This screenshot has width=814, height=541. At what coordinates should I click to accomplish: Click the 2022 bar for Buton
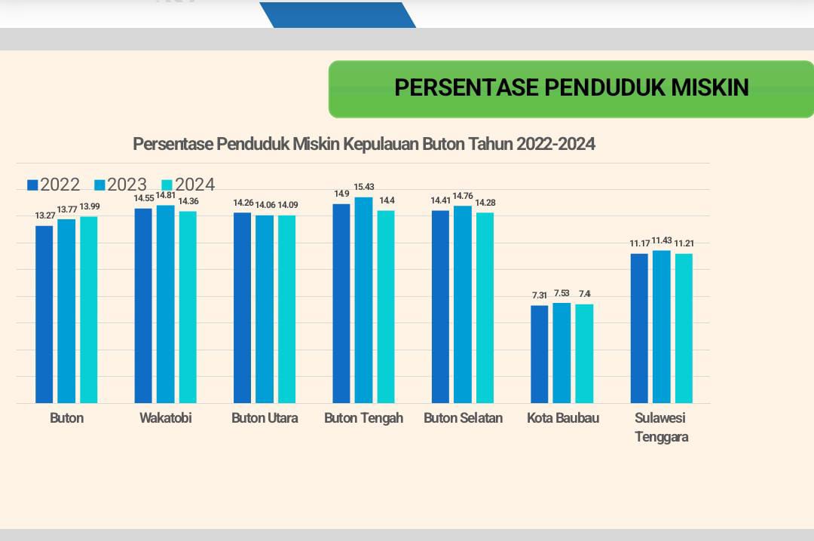coord(44,314)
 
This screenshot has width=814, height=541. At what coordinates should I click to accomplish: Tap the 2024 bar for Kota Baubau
coord(584,353)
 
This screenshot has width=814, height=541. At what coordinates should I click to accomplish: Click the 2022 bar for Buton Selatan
coord(440,307)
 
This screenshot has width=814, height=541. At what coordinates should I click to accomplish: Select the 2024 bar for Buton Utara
coord(286,309)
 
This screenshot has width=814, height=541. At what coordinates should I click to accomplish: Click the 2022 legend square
coord(32,185)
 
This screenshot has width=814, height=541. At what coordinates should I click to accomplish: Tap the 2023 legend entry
coord(121,185)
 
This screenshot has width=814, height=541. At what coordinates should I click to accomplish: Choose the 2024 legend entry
coord(188,185)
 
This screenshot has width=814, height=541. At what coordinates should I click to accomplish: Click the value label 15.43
coord(364,187)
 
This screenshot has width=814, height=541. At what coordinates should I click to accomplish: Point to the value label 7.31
coord(539,295)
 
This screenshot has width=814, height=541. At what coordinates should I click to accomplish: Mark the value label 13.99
coord(89,207)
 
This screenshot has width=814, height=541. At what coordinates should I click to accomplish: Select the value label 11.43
coord(662,241)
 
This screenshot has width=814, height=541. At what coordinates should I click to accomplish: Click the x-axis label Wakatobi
coord(166,417)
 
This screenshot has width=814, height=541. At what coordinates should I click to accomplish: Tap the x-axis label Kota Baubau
coord(563,417)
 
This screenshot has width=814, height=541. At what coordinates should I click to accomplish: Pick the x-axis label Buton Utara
coord(265,417)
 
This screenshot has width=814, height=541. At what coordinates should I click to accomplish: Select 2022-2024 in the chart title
coord(555,144)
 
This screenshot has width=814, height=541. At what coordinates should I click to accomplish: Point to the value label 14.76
coord(463,197)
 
